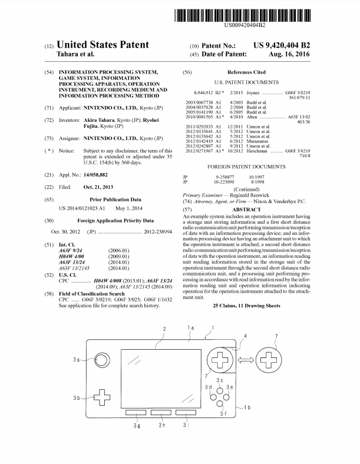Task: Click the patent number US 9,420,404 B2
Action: [x=282, y=45]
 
